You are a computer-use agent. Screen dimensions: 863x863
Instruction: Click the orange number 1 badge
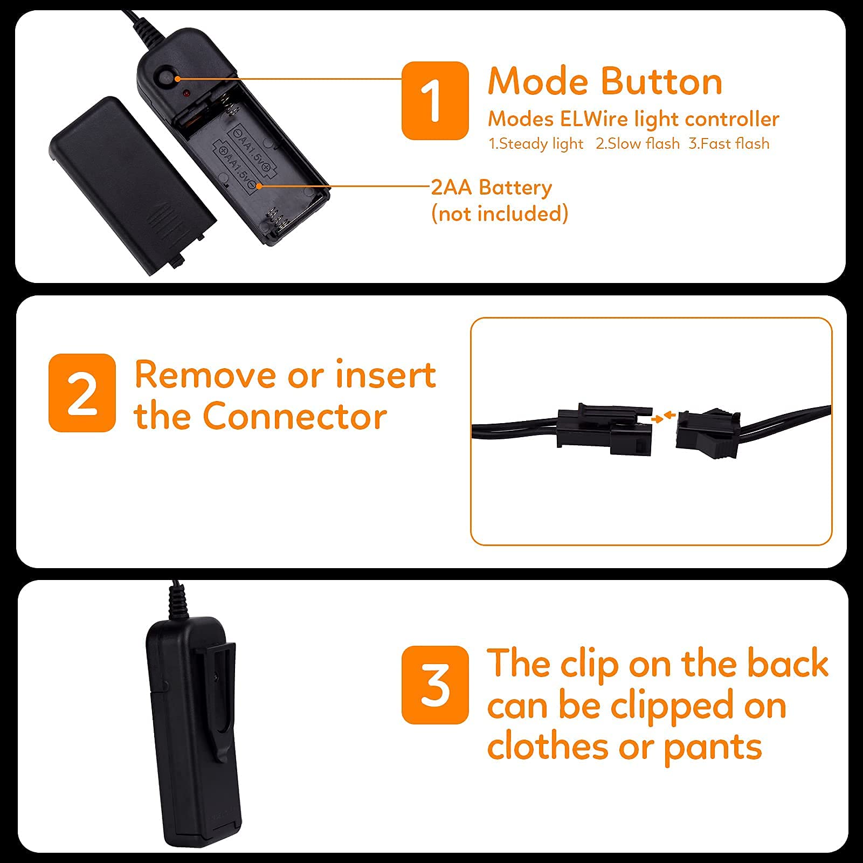point(435,100)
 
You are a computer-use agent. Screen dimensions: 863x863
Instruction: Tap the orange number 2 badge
point(82,392)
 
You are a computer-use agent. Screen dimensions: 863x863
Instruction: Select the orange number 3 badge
point(435,685)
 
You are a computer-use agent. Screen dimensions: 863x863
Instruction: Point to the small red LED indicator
point(185,94)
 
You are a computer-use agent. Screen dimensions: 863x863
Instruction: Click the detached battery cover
point(133,183)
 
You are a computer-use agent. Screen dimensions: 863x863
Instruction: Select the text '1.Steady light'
point(536,144)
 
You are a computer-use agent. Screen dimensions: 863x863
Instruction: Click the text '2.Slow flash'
point(638,144)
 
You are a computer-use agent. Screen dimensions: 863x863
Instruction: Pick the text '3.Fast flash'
point(729,144)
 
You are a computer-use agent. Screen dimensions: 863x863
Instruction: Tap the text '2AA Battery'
point(492,188)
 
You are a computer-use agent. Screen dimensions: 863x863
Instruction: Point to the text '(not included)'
point(500,213)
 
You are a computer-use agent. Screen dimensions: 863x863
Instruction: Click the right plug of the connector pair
point(708,433)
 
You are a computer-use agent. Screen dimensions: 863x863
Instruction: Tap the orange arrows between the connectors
point(664,416)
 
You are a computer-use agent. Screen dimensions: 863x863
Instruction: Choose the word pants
point(713,748)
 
